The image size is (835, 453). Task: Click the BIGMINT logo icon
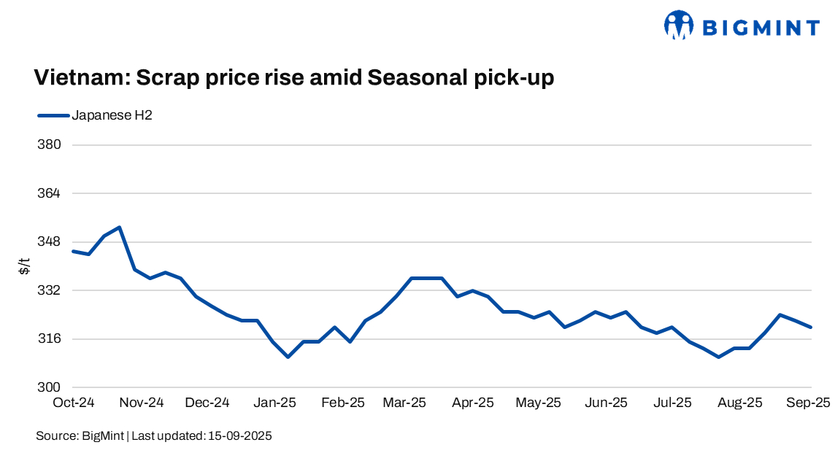(678, 26)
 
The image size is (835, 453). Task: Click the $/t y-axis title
(25, 266)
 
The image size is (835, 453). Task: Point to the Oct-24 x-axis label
(74, 402)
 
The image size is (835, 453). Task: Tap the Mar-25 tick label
(406, 402)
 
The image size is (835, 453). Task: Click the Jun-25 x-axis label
(607, 402)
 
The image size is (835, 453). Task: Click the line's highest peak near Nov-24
(119, 227)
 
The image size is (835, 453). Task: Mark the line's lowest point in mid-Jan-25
(288, 357)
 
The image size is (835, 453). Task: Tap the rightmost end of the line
(811, 327)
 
